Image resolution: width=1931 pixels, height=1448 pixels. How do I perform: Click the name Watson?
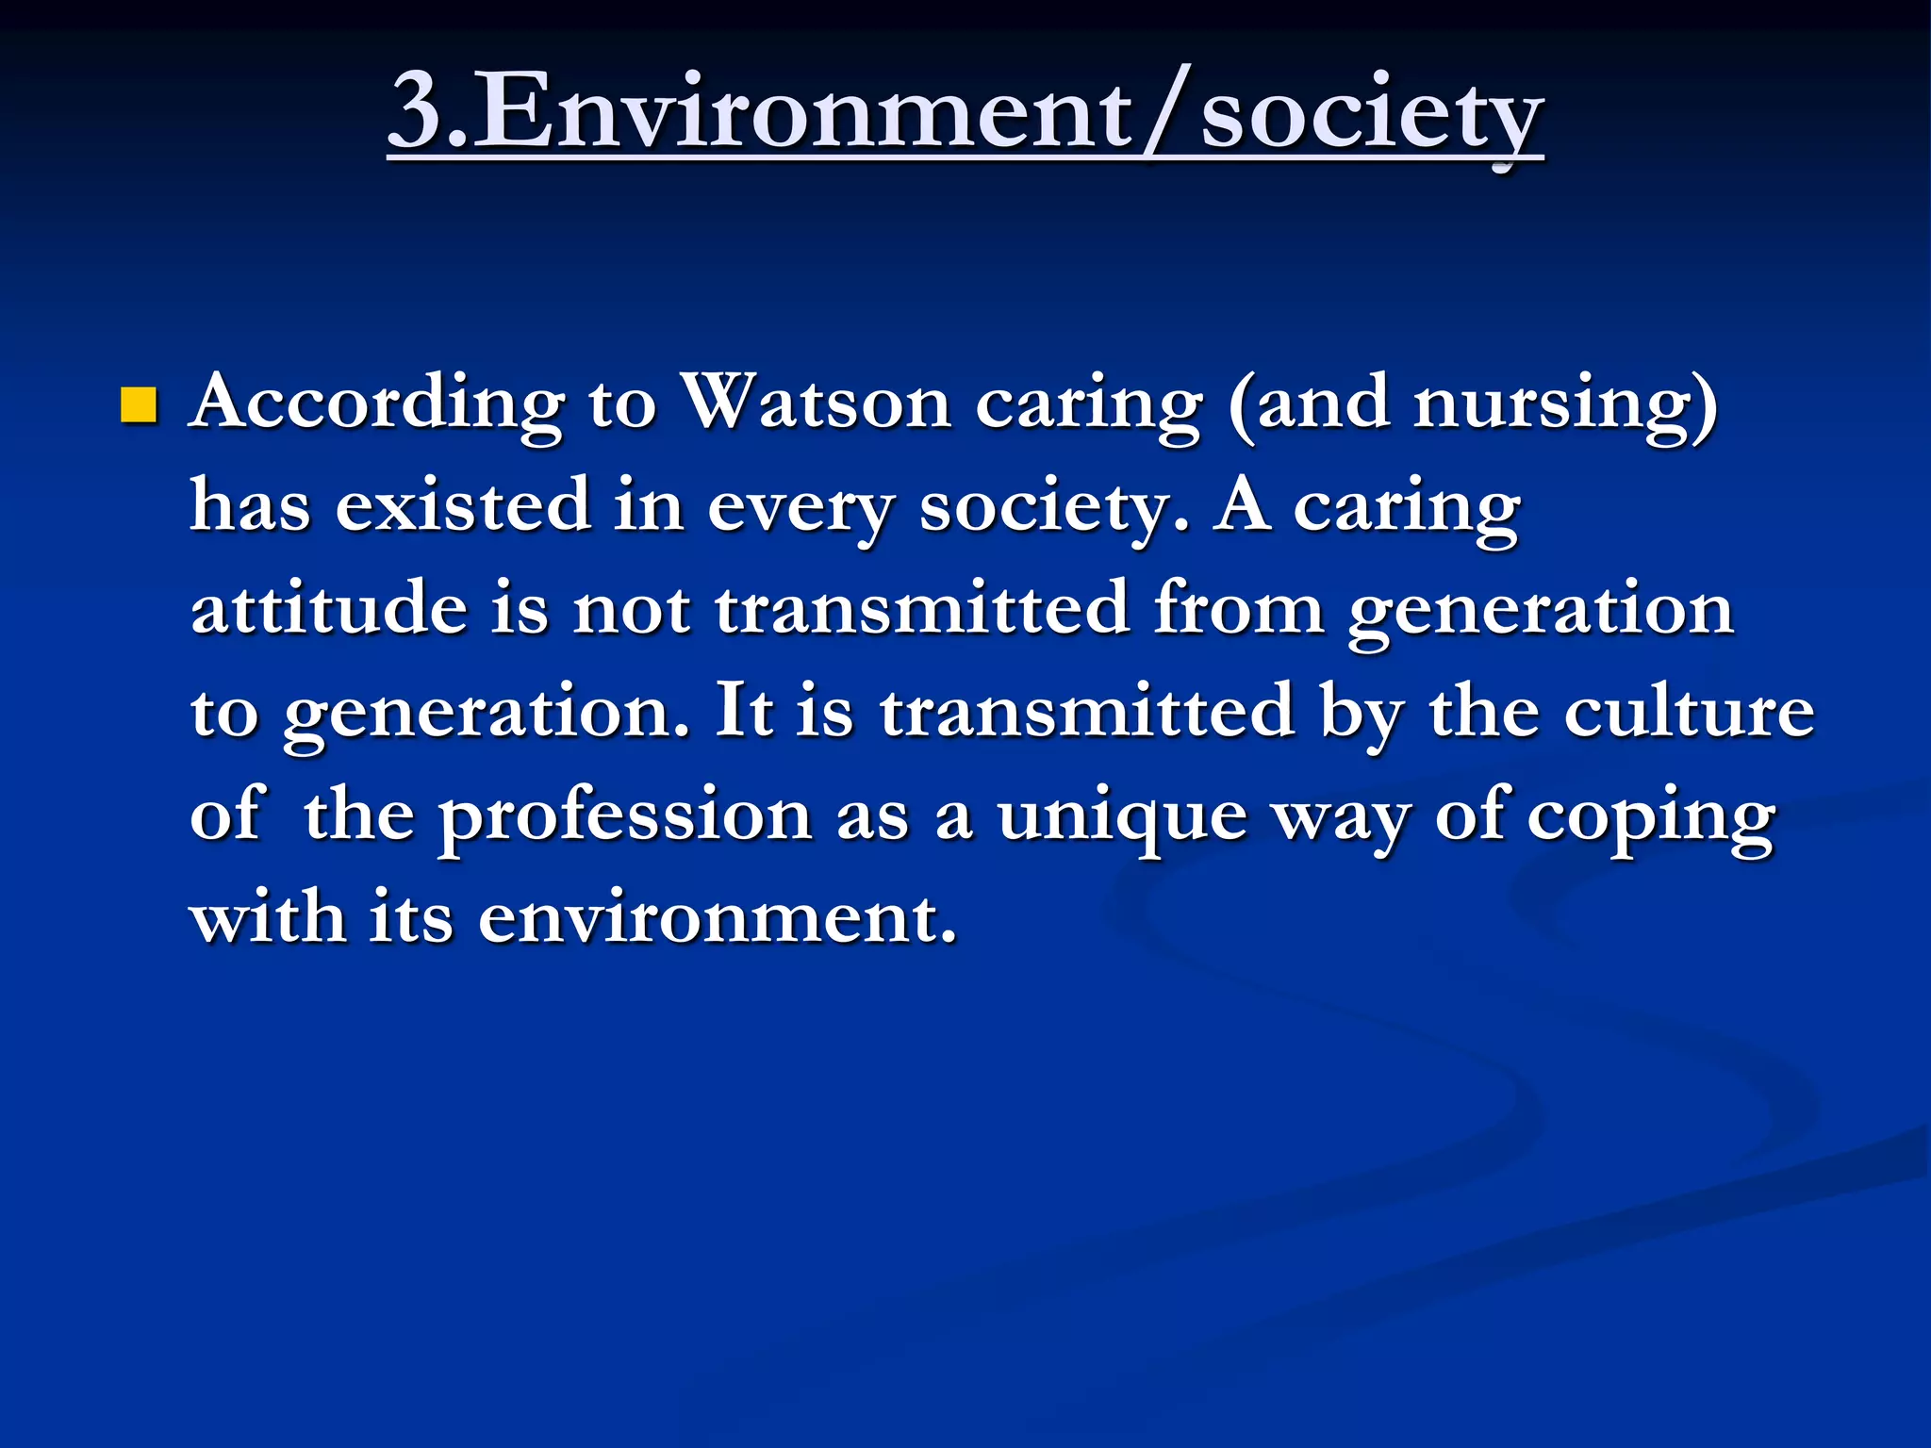click(816, 403)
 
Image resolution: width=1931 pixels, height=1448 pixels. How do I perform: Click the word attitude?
click(329, 608)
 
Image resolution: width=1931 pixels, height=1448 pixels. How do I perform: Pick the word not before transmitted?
click(632, 610)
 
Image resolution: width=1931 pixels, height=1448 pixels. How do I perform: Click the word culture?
click(1689, 712)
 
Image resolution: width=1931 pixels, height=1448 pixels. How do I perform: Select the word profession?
click(624, 816)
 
